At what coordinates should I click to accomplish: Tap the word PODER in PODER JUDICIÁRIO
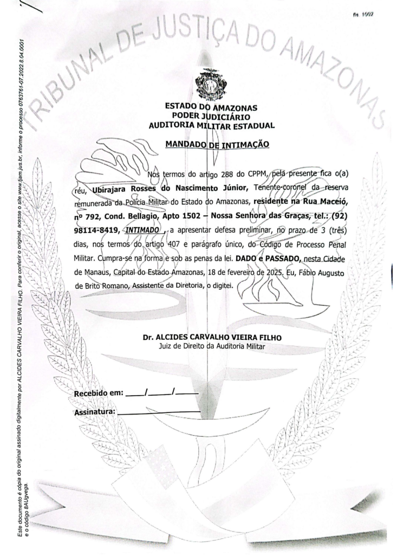tap(184, 117)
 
